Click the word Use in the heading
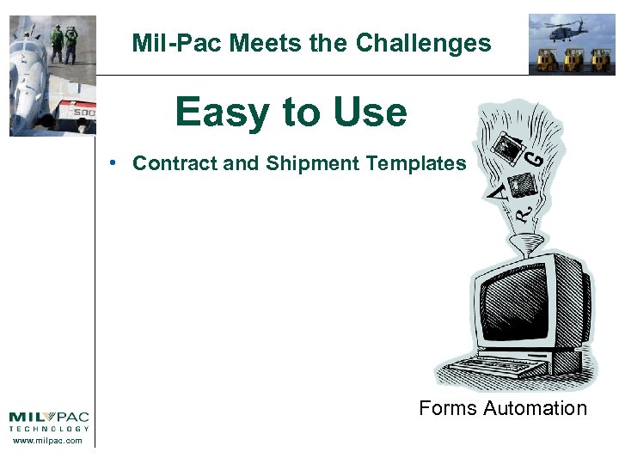(365, 113)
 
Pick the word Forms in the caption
(447, 408)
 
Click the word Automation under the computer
(535, 408)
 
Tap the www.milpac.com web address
(48, 441)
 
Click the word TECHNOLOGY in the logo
(48, 428)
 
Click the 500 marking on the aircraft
(83, 113)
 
